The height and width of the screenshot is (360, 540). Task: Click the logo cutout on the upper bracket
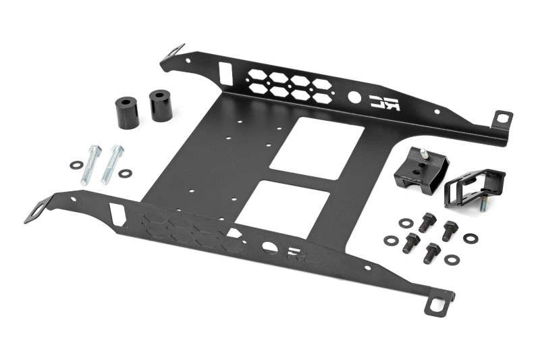coord(384,103)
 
